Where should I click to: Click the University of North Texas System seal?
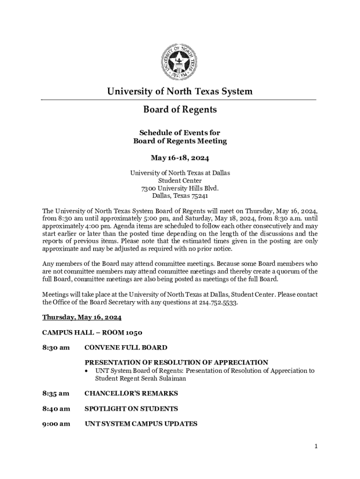click(x=180, y=61)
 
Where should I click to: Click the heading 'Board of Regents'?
click(x=180, y=110)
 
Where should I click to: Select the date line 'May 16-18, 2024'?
click(x=180, y=158)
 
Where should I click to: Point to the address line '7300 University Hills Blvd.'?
click(x=180, y=189)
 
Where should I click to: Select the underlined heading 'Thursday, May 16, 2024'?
click(x=82, y=317)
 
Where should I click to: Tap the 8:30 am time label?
click(x=56, y=348)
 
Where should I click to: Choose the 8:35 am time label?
click(x=56, y=393)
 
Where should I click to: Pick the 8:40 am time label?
click(x=56, y=408)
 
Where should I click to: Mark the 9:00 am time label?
click(x=56, y=424)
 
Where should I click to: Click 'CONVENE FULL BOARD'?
click(x=126, y=348)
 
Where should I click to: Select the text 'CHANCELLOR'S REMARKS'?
click(x=131, y=393)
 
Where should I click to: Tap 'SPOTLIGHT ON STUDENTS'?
click(x=131, y=408)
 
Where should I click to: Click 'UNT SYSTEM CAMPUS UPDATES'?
click(x=141, y=424)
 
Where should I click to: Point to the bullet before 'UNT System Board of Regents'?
click(x=87, y=371)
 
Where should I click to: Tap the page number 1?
click(x=316, y=447)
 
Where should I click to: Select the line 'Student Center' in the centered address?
click(x=180, y=181)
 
